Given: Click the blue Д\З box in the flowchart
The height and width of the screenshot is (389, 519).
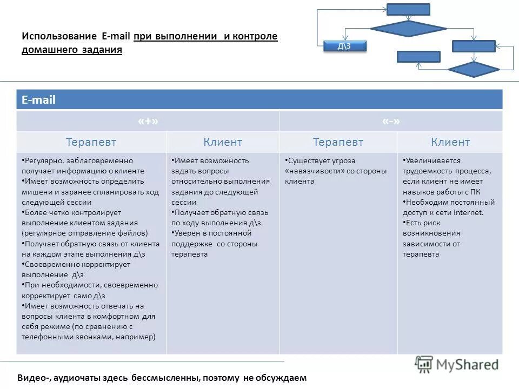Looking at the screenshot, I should (344, 46).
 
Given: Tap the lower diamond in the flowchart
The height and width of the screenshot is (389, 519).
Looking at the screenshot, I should (474, 70).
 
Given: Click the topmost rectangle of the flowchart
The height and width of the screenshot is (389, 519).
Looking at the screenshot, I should (408, 9).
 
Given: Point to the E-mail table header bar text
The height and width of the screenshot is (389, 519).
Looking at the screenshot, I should (38, 100).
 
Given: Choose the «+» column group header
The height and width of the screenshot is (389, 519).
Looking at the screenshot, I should (148, 122).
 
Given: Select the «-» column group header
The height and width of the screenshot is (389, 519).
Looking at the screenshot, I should (391, 122).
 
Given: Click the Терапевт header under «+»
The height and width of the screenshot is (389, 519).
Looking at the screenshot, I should (91, 142).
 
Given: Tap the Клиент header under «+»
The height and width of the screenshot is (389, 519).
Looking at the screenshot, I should (223, 142).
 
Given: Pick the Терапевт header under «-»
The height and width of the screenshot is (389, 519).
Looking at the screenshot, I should (338, 142).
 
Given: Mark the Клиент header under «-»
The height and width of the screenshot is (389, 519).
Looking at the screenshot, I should (450, 142).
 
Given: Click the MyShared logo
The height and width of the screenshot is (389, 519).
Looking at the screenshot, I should (457, 364).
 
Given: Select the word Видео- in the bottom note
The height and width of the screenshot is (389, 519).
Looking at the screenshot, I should (34, 378).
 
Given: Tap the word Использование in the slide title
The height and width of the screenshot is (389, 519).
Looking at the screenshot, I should (59, 36).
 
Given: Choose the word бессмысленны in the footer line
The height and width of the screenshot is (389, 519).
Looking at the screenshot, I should (168, 378).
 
